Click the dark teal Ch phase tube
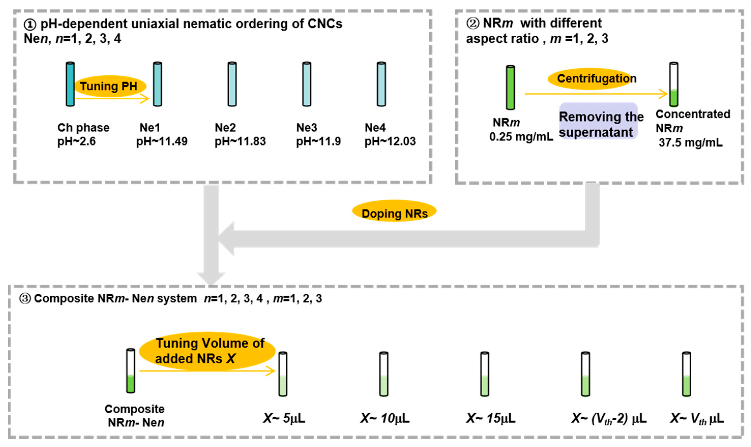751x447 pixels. pos(70,84)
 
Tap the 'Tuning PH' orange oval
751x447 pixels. pos(109,86)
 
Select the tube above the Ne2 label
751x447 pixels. pos(232,84)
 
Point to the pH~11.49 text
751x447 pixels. pos(162,141)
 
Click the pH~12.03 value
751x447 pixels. pos(390,141)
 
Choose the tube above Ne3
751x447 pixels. pos(306,84)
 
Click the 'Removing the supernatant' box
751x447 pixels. pos(598,121)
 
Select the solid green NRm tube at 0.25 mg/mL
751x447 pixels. pos(510,87)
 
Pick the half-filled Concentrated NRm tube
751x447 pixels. pos(674,84)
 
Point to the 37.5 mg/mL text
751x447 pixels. pos(690,142)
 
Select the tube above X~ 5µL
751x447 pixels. pos(283,374)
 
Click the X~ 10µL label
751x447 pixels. pos(385,418)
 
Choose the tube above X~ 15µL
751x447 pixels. pos(484,374)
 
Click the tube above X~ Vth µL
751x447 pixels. pos(686,374)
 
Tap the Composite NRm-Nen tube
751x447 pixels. pos(131,371)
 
